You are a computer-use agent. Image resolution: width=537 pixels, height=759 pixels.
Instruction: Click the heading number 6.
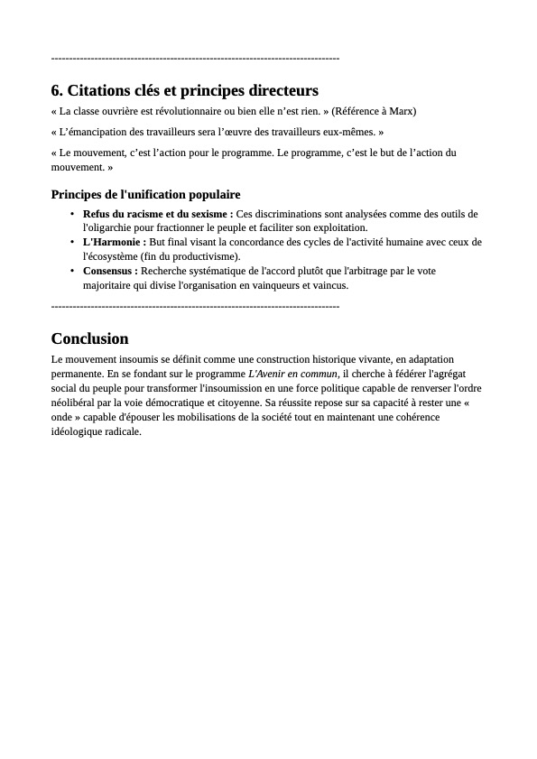[57, 91]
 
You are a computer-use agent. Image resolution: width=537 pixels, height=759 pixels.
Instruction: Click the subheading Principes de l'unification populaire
[145, 194]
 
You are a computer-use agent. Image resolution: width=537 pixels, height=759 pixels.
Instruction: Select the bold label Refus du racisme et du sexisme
[157, 214]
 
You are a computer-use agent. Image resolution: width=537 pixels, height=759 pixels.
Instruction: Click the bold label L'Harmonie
[114, 242]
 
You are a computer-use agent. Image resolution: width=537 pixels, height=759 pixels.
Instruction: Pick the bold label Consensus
[110, 271]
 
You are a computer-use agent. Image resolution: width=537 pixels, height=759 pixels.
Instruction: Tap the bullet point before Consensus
[72, 271]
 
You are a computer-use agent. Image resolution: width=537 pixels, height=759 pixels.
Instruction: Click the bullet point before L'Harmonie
[72, 242]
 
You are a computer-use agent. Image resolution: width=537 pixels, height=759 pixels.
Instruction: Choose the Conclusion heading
[89, 339]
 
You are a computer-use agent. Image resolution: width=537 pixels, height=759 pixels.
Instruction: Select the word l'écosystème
[108, 256]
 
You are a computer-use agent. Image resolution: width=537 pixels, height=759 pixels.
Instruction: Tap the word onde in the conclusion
[66, 417]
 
